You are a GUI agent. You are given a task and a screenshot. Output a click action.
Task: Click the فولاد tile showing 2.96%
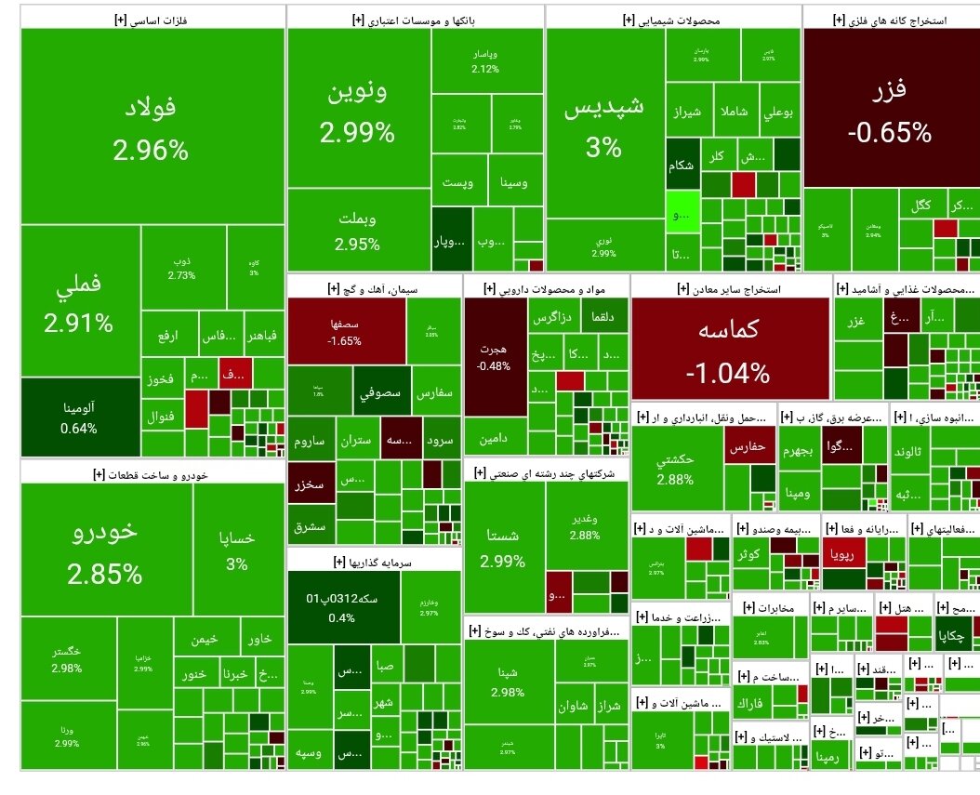[x=152, y=126]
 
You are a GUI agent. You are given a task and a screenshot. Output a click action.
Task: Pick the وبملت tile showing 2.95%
[x=358, y=232]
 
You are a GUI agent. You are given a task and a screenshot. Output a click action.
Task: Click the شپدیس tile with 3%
[x=604, y=126]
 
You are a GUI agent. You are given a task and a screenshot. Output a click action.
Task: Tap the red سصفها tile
[x=345, y=331]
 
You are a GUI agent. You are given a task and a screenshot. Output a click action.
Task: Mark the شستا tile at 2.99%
[x=503, y=549]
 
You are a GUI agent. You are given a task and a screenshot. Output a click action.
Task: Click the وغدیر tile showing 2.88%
[x=585, y=521]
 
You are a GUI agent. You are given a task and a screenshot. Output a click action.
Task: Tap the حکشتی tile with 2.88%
[x=675, y=469]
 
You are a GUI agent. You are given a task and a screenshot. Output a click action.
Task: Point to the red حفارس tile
[x=748, y=447]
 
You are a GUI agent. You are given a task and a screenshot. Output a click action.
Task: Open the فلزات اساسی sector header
[x=152, y=18]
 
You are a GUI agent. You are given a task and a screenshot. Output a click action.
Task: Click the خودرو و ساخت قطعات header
[x=152, y=473]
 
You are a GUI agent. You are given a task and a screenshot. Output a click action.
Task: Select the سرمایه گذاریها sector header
[x=374, y=561]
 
